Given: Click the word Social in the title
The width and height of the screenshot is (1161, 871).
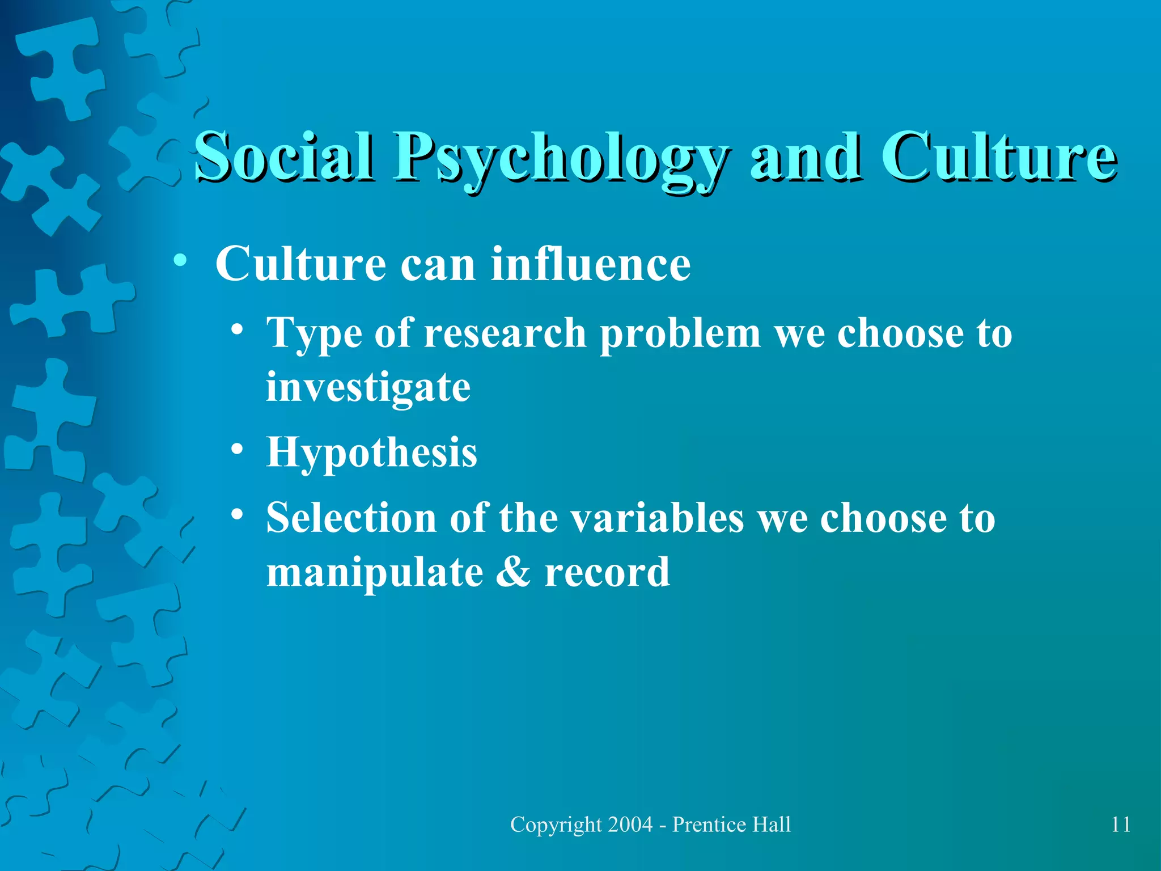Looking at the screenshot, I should pos(283,156).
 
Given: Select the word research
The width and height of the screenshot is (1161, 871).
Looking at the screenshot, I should pos(505,333).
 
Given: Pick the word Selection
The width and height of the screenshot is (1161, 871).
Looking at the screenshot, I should pos(351,518).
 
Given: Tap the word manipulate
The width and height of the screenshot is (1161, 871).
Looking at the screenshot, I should pos(375,573).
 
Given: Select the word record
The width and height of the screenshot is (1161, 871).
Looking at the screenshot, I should pos(607,573).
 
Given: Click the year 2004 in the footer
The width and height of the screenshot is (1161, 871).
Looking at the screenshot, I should pos(630,825).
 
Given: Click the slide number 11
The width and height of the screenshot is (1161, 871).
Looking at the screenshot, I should pos(1121,825).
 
